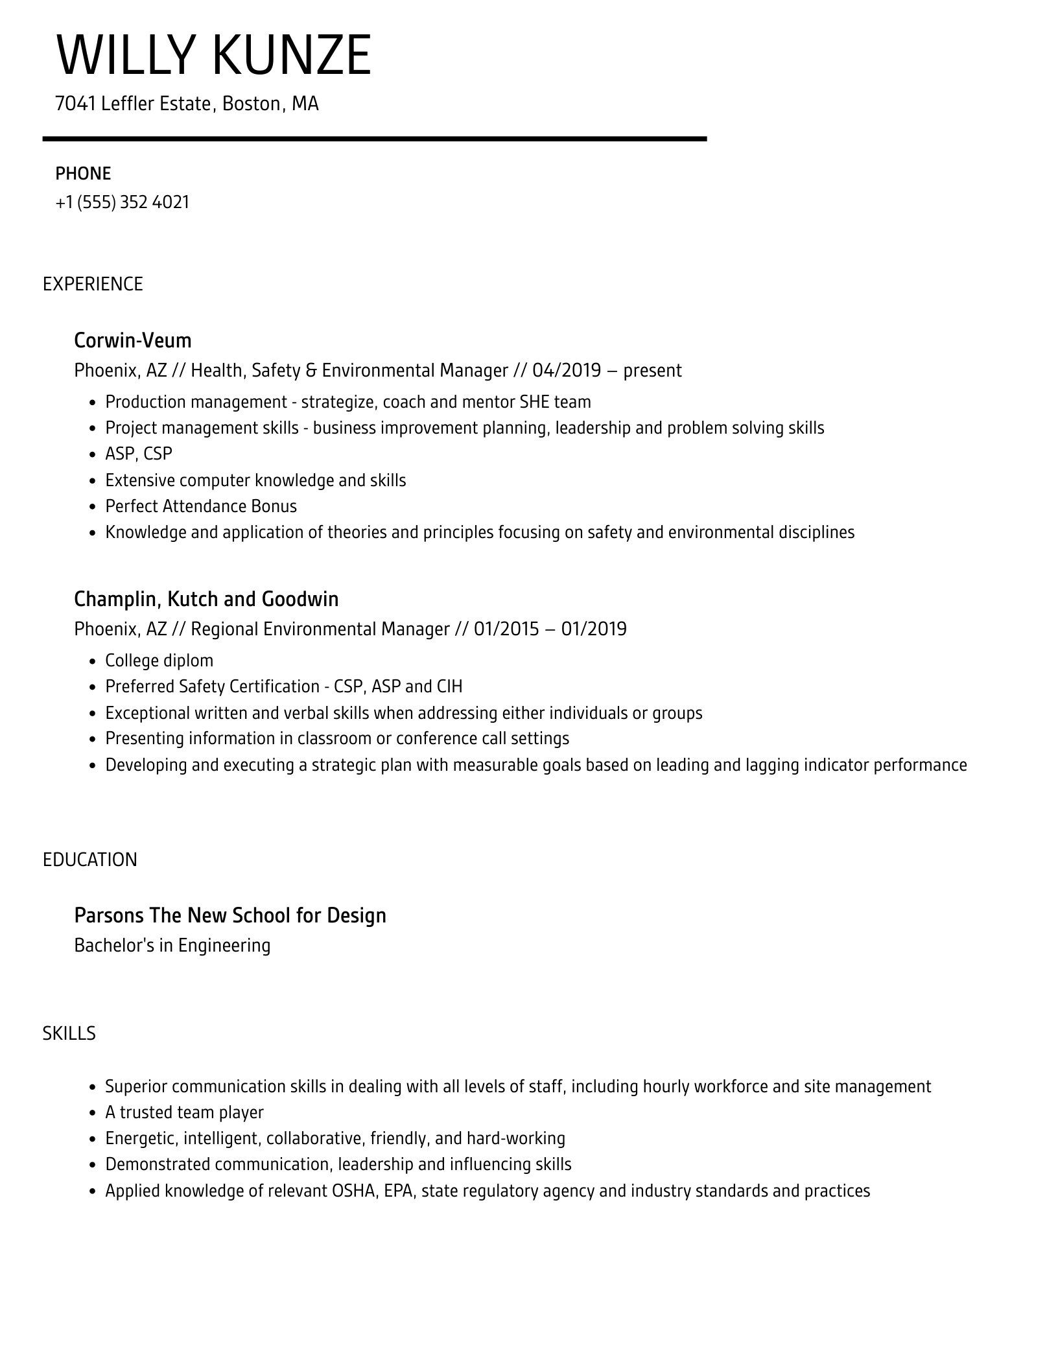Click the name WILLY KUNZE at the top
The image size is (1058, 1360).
click(x=214, y=56)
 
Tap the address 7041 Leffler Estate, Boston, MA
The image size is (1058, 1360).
click(x=187, y=104)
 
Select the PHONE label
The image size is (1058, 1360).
click(x=83, y=173)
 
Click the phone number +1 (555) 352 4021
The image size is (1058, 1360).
click(x=123, y=202)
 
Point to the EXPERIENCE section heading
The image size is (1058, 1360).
click(x=93, y=284)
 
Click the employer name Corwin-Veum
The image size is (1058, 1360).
click(x=132, y=340)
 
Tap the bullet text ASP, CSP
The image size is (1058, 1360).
click(x=139, y=454)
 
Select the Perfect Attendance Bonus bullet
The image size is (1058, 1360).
click(x=201, y=506)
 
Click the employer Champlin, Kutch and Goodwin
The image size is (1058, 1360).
click(x=206, y=599)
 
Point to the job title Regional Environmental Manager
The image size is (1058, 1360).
click(x=320, y=629)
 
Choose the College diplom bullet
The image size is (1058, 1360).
click(x=159, y=661)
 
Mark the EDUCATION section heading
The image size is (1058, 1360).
click(x=90, y=860)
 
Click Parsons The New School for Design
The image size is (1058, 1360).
click(x=230, y=915)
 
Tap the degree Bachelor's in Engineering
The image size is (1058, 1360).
click(x=172, y=945)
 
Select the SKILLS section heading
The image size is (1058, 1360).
click(x=69, y=1033)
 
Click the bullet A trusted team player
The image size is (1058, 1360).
click(x=185, y=1112)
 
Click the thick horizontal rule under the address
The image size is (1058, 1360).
click(x=375, y=139)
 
